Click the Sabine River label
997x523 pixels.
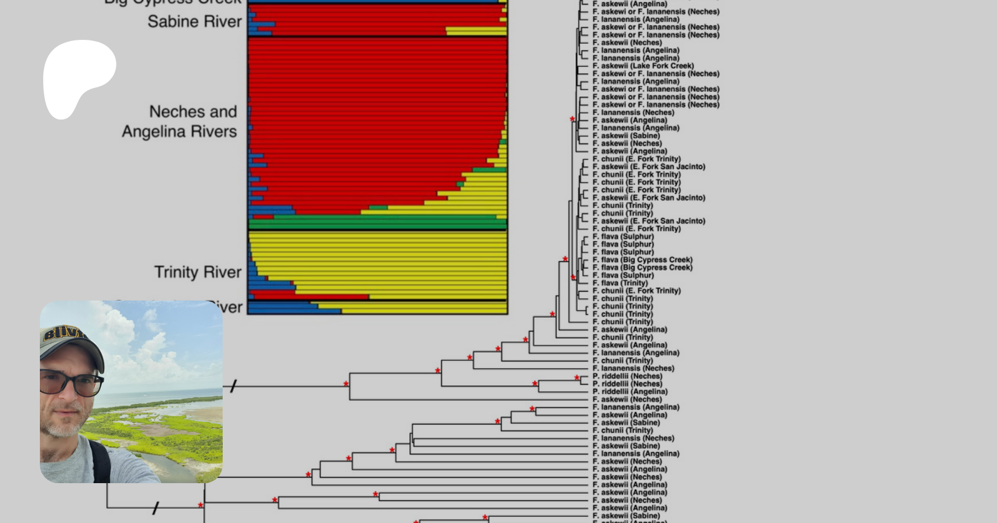click(x=194, y=22)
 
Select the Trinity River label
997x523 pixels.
click(x=198, y=272)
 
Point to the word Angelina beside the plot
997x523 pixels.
click(x=152, y=132)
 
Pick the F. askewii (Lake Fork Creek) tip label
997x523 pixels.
click(x=643, y=66)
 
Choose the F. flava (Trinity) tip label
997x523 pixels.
click(x=620, y=283)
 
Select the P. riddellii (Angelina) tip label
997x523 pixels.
click(x=630, y=391)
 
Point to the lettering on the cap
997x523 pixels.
click(x=65, y=334)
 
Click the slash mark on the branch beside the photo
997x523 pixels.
click(x=233, y=386)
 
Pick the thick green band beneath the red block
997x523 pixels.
click(x=377, y=225)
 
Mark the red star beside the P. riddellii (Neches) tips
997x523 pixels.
click(x=577, y=378)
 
